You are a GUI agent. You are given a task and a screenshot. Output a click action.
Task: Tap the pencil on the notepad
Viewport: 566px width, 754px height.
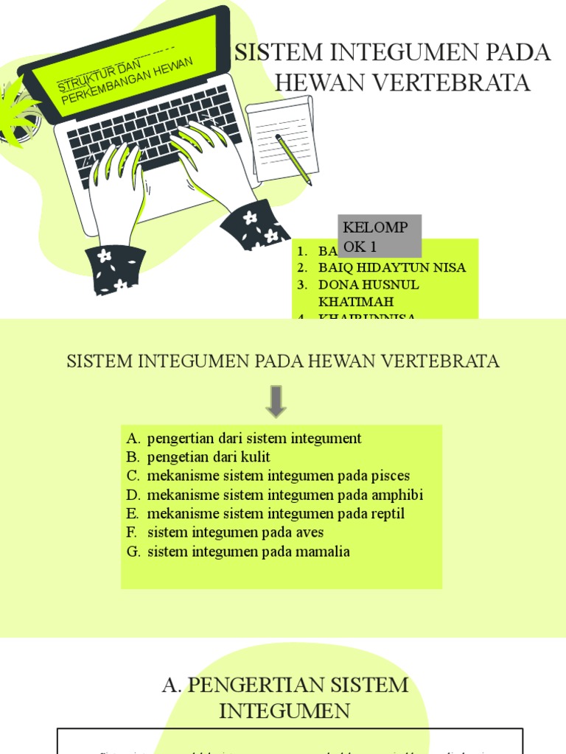coord(293,159)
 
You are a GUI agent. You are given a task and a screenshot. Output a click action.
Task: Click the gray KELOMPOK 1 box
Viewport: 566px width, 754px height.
coord(380,236)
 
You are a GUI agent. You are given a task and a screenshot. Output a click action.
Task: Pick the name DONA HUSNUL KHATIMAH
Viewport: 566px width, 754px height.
coord(368,292)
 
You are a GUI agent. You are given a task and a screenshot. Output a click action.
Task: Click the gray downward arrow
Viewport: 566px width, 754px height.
coord(276,401)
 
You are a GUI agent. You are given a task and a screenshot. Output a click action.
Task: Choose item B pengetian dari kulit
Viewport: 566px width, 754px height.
coord(209,457)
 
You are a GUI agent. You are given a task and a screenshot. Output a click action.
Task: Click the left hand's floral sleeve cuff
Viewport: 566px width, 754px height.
coord(115,269)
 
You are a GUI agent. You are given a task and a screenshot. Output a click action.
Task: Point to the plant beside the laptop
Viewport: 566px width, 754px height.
coord(18,114)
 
